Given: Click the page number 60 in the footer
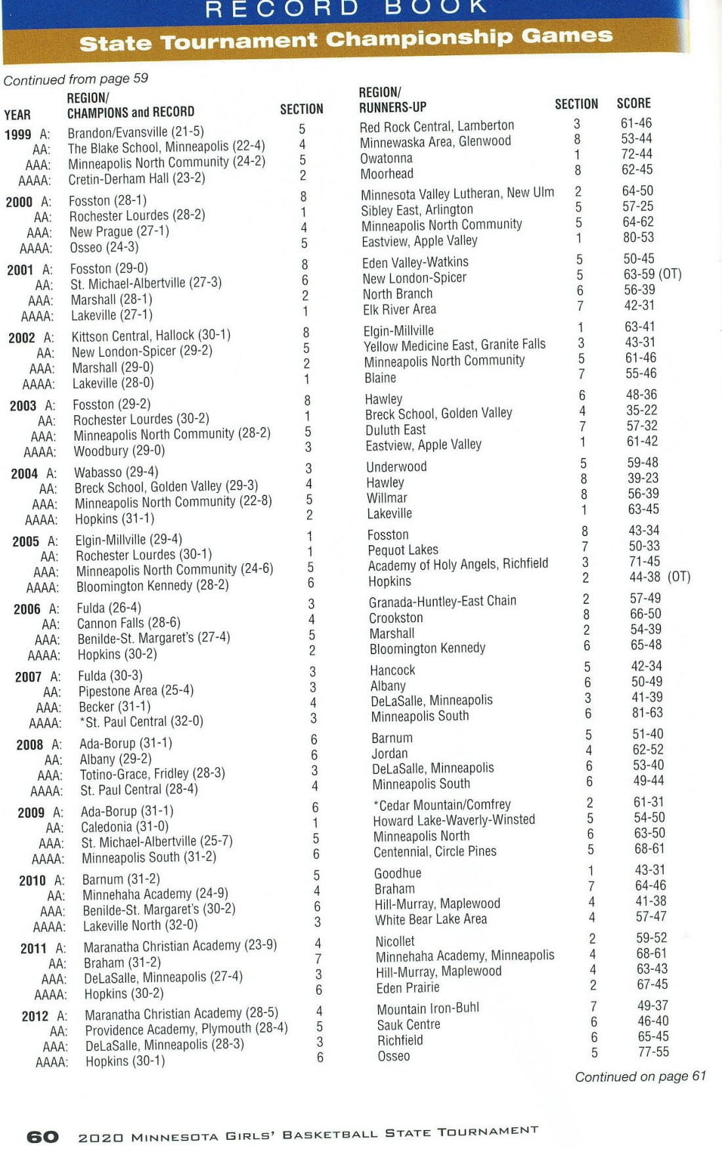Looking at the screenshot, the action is (x=43, y=1136).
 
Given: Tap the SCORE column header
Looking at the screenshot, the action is (x=633, y=103).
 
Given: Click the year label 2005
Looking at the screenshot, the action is (x=26, y=542).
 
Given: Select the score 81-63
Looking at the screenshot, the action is (x=647, y=713).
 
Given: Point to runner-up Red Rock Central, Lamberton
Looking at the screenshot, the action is (x=436, y=126).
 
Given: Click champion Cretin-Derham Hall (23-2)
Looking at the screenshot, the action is (x=137, y=179).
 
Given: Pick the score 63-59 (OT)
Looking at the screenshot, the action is (x=652, y=274).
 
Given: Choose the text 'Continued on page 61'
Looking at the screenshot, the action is (x=640, y=1076).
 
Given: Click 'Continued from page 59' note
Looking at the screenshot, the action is (x=75, y=79).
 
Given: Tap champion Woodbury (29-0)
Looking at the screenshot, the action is (x=119, y=451).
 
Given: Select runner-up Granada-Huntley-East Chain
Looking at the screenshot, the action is (x=442, y=601).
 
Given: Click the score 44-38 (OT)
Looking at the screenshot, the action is (x=659, y=577).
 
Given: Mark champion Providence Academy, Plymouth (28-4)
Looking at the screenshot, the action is (x=186, y=1029).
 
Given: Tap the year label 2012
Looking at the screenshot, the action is (x=35, y=1016).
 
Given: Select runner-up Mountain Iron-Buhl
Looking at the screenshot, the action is (x=428, y=1008).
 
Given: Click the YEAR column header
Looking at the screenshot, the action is (x=17, y=115).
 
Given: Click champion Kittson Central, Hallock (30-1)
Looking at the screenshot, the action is (x=151, y=336).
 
